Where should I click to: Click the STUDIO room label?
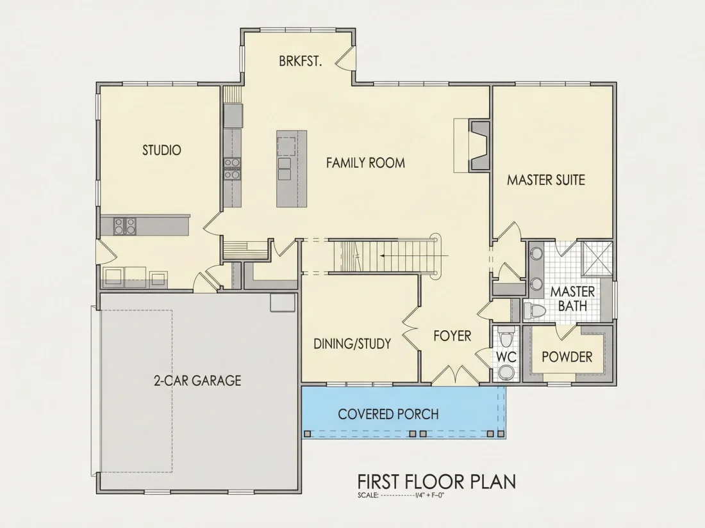click(162, 150)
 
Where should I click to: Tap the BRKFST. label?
click(301, 61)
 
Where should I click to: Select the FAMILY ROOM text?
click(365, 163)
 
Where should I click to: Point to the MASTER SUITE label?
click(546, 180)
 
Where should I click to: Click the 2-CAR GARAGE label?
click(197, 381)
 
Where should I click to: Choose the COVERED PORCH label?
click(388, 414)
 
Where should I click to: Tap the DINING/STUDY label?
click(352, 344)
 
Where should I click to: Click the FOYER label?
click(452, 336)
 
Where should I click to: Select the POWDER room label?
click(567, 357)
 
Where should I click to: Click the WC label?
click(506, 357)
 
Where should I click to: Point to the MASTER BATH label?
click(572, 299)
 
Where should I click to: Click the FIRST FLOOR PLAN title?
click(436, 482)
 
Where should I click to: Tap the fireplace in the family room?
click(479, 145)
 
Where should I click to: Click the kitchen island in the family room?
click(292, 169)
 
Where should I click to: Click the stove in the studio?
click(124, 226)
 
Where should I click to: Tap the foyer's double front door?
click(456, 375)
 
